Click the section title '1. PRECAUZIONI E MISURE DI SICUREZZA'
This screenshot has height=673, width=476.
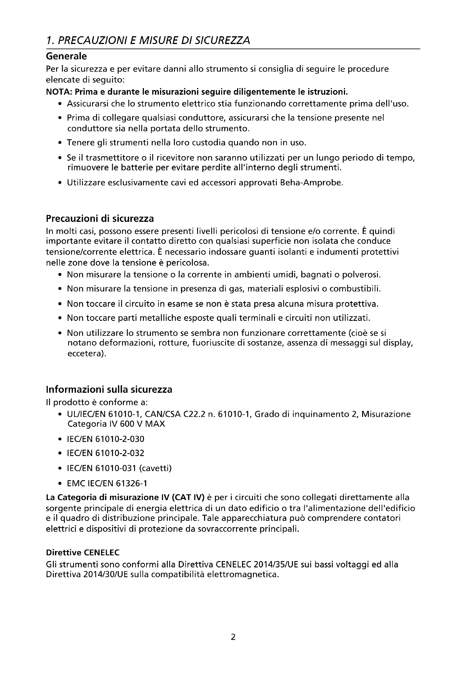coord(148,40)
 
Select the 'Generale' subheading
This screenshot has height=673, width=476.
coord(66,56)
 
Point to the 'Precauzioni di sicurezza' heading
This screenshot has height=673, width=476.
coord(100,218)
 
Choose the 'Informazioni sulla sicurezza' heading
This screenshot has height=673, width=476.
coord(109,390)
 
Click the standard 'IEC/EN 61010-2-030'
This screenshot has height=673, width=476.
coord(106,439)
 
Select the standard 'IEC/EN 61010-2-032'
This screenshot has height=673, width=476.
coord(106,453)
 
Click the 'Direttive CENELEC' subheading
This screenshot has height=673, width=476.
coord(83,552)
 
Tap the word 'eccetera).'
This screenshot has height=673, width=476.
coord(87,354)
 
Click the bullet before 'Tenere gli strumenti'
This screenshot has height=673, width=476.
coord(60,143)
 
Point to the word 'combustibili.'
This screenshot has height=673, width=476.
coord(355,289)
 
